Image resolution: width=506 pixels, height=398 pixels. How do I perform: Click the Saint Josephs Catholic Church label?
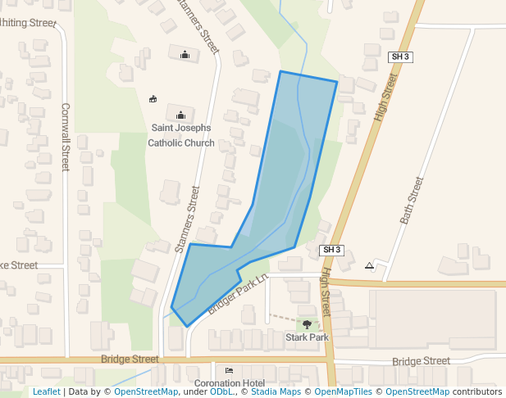(181, 135)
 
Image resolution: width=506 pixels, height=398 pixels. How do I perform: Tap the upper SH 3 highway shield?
(399, 57)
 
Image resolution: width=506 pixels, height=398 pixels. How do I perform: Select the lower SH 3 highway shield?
(331, 250)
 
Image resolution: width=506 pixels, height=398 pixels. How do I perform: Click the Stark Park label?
(307, 337)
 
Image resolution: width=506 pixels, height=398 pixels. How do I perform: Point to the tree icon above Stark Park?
(308, 325)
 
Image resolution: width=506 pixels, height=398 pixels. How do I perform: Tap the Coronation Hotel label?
(229, 383)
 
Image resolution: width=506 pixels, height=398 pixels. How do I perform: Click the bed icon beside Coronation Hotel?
(229, 371)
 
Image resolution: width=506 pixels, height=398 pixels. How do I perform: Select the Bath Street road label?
(412, 200)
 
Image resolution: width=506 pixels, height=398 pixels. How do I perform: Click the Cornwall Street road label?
(66, 137)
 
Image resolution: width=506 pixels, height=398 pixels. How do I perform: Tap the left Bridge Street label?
(130, 360)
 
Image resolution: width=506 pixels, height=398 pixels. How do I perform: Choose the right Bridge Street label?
(421, 361)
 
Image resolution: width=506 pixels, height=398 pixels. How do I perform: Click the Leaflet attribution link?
(46, 392)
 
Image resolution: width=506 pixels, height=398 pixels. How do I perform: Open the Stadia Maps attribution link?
(276, 392)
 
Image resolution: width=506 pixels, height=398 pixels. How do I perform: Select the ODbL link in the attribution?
(221, 392)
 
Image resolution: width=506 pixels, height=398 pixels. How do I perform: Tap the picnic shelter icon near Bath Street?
(370, 265)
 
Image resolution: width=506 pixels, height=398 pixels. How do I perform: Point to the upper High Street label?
(385, 97)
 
